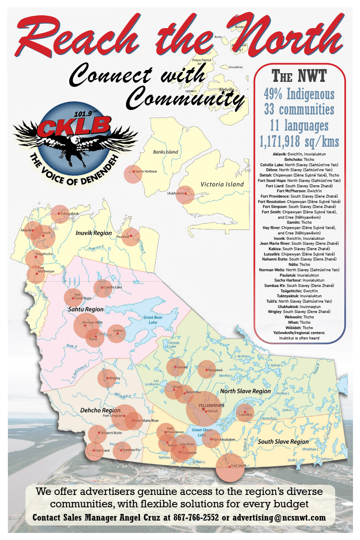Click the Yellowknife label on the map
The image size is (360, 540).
click(x=211, y=406)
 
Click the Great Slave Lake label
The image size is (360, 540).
click(x=202, y=432)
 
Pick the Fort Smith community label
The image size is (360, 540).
click(x=239, y=466)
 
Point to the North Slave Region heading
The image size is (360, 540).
click(x=245, y=391)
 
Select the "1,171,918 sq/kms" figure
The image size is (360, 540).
click(x=299, y=142)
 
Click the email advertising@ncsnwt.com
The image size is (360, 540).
click(x=279, y=518)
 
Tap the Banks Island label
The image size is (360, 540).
click(x=166, y=152)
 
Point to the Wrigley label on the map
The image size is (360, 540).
click(x=115, y=378)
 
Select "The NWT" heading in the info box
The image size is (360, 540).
click(x=299, y=76)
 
